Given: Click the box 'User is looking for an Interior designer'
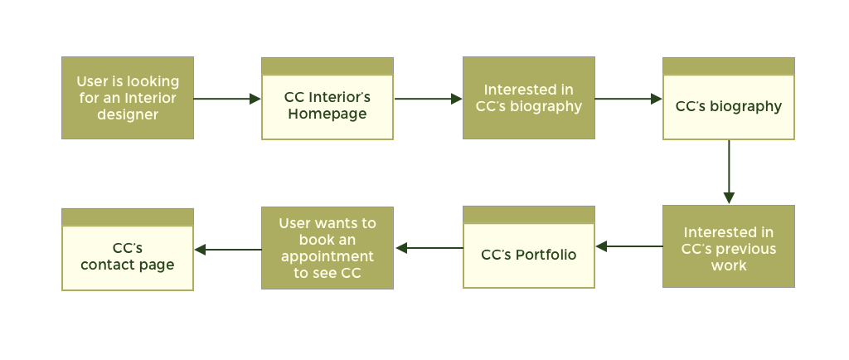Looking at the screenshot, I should point(128,98).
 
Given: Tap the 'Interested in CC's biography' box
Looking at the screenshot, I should point(528,98).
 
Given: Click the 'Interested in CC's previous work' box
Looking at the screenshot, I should point(728,246).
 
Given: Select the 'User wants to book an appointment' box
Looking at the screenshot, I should point(327,247).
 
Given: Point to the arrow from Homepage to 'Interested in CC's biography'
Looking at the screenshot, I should point(428,99).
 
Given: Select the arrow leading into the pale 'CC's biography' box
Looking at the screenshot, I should point(628,99).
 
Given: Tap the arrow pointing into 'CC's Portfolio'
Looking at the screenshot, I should point(628,246).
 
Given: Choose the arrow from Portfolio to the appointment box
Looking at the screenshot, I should point(428,247).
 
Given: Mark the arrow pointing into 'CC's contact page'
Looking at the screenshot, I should point(227,249).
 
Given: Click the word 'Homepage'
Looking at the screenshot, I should point(327,114).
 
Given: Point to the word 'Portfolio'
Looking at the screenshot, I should point(546,255).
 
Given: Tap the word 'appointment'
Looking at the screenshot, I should point(327,256).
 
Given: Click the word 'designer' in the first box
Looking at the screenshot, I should point(128,114).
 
